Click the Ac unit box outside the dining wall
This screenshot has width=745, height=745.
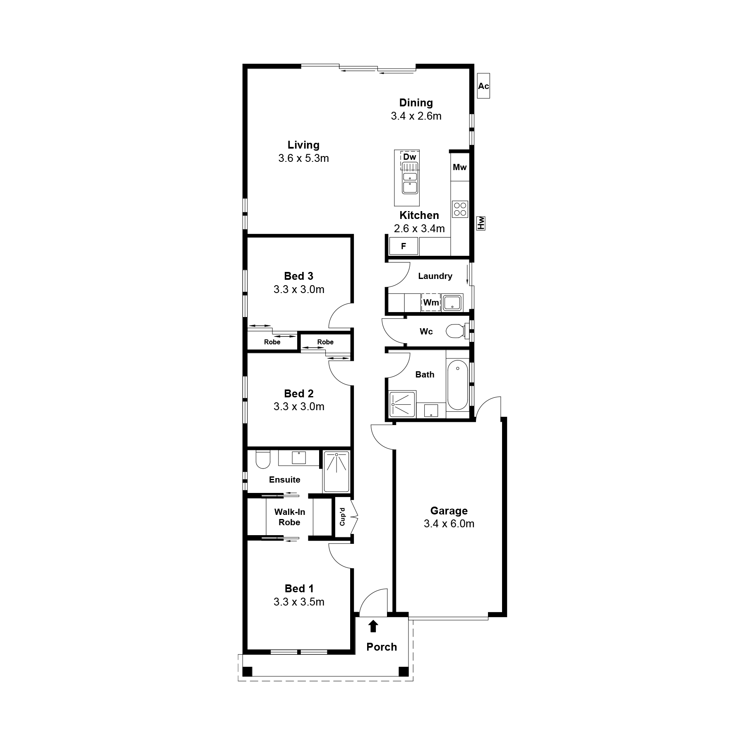(483, 86)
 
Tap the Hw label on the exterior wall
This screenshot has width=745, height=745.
(481, 223)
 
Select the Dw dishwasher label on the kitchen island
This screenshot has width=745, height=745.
(409, 157)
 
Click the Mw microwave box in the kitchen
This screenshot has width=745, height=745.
(459, 167)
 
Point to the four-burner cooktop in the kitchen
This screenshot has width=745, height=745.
(460, 209)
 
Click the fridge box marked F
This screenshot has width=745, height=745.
(404, 246)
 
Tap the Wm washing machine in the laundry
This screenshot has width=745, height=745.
(430, 303)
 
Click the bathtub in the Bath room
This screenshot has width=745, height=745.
(457, 385)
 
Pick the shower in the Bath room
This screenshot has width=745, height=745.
(402, 404)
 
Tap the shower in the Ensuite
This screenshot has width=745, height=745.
(336, 472)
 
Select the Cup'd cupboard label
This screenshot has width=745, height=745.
(342, 517)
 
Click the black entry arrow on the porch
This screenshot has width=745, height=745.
(373, 626)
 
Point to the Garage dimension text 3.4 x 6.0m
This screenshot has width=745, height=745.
(449, 524)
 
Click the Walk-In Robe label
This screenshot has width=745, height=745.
(289, 517)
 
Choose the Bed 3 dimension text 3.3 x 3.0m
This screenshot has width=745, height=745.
(299, 289)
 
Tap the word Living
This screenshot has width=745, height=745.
(303, 145)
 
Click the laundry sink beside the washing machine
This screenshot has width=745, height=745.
(452, 303)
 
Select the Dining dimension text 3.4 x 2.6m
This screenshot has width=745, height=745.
(416, 116)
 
